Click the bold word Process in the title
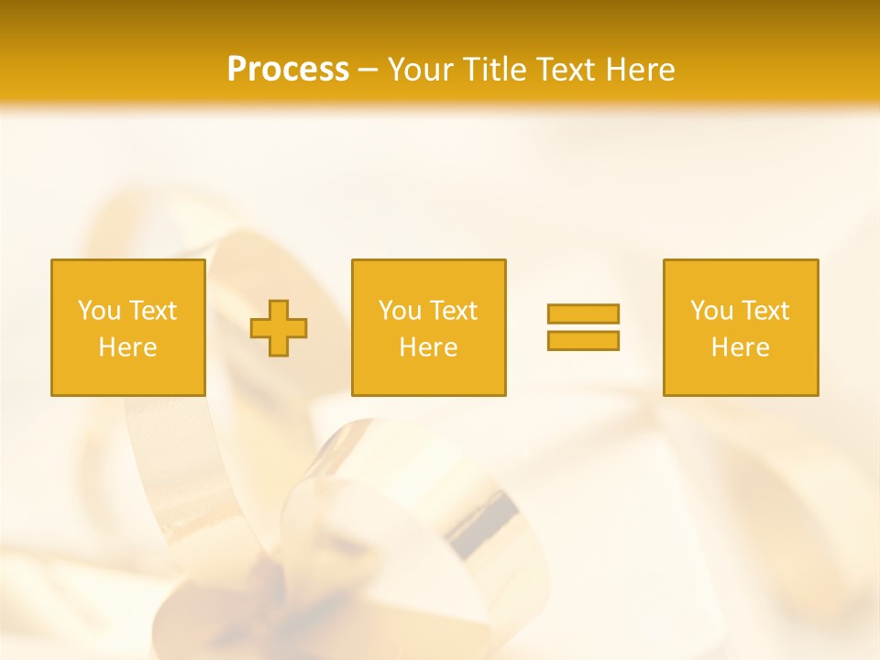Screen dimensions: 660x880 pyautogui.click(x=288, y=70)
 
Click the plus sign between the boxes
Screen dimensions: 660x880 pyautogui.click(x=279, y=328)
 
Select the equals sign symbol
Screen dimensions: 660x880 pyautogui.click(x=583, y=327)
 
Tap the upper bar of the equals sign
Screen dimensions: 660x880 pyautogui.click(x=583, y=313)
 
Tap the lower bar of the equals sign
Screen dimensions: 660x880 pyautogui.click(x=583, y=340)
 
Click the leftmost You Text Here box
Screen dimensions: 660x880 pyautogui.click(x=128, y=327)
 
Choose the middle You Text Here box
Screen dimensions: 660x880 pyautogui.click(x=428, y=327)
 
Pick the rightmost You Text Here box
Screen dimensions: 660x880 pyautogui.click(x=740, y=327)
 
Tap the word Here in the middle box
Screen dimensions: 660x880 pyautogui.click(x=428, y=347)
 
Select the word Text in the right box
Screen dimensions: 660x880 pyautogui.click(x=764, y=311)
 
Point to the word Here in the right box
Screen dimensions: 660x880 pyautogui.click(x=740, y=347)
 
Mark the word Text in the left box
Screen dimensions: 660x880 pyautogui.click(x=152, y=311)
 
